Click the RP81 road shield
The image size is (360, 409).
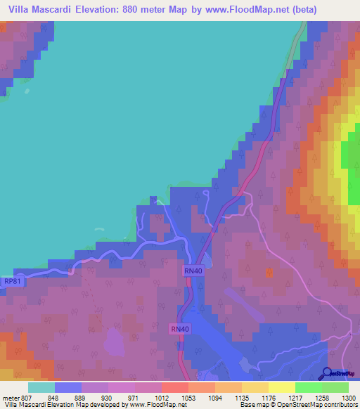[13, 281]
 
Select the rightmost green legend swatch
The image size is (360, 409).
[335, 387]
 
